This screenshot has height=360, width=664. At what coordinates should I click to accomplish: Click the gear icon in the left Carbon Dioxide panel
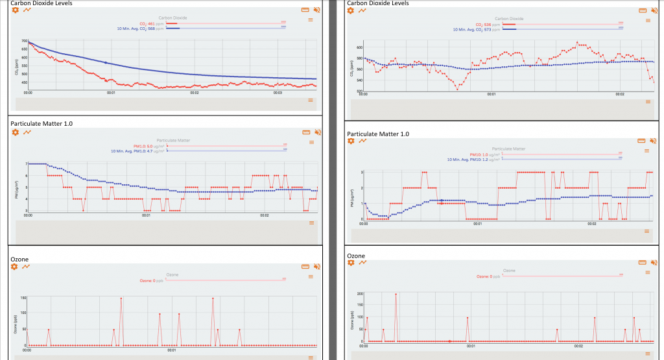pyautogui.click(x=16, y=10)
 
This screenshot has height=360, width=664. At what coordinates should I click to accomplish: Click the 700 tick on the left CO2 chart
pyautogui.click(x=24, y=42)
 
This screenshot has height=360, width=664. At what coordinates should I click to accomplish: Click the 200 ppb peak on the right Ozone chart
pyautogui.click(x=396, y=294)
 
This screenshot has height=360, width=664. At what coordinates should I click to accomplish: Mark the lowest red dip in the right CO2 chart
pyautogui.click(x=457, y=88)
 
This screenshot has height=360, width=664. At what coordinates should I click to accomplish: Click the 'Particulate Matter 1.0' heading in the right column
pyautogui.click(x=378, y=134)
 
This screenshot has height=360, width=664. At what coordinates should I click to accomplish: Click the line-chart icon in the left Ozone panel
pyautogui.click(x=27, y=266)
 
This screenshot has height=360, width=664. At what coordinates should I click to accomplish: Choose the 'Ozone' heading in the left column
pyautogui.click(x=19, y=259)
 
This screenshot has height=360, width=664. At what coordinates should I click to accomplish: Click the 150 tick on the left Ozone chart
pyautogui.click(x=23, y=298)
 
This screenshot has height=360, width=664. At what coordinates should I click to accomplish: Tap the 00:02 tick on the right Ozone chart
pyautogui.click(x=578, y=346)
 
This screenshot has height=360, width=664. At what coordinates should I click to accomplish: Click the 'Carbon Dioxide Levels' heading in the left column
pyautogui.click(x=41, y=3)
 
